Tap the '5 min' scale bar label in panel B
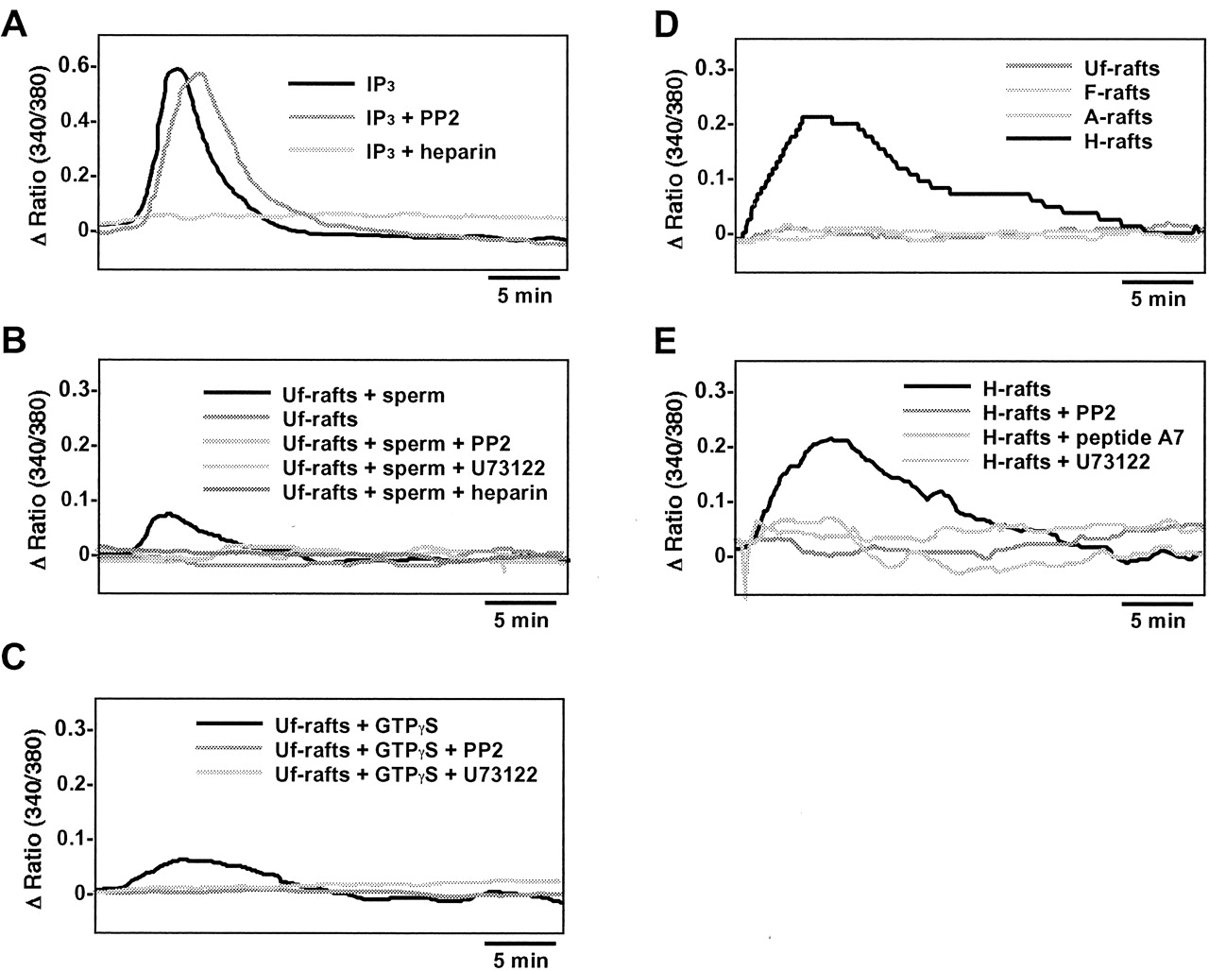[x=520, y=621]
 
